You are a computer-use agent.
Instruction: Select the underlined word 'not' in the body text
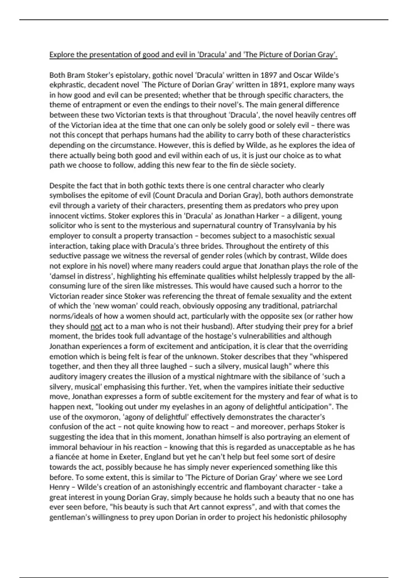coord(96,326)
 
